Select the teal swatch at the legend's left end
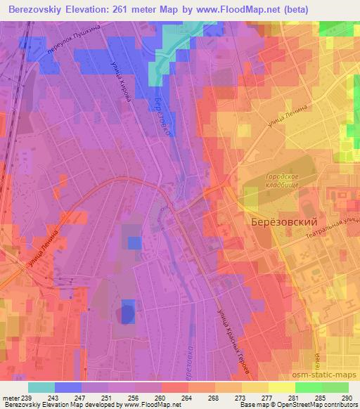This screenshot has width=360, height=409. (x=41, y=387)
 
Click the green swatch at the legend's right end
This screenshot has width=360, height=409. (x=335, y=387)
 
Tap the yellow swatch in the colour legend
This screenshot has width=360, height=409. (x=281, y=387)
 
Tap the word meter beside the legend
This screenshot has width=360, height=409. (x=12, y=398)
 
